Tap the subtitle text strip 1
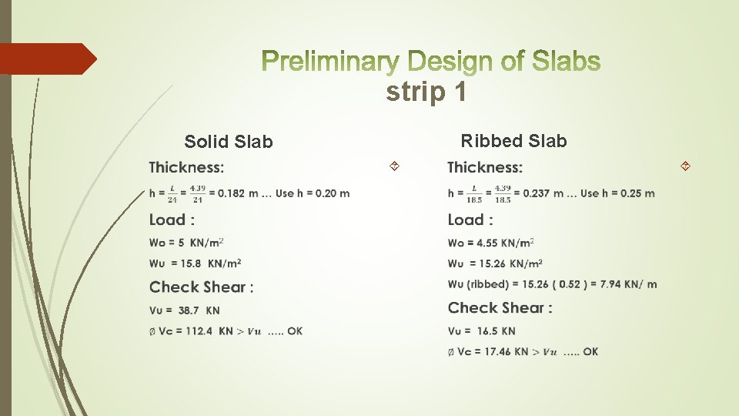[426, 92]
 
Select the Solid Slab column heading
[229, 142]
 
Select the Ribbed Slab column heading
[513, 141]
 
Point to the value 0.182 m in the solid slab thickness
[237, 193]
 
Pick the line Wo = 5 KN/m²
[186, 243]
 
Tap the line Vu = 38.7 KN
[185, 310]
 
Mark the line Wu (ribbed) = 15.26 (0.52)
[552, 284]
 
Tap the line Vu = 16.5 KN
[482, 331]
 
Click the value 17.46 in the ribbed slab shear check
[497, 352]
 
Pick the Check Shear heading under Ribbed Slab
[500, 308]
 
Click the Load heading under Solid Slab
[172, 220]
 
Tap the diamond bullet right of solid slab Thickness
[393, 166]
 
